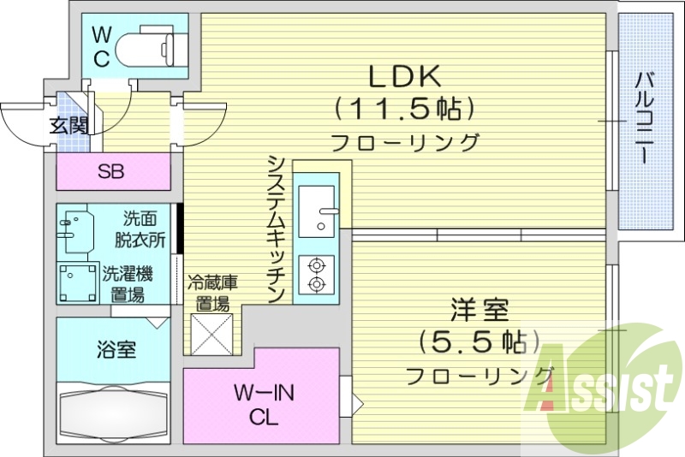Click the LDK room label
tap(404, 77)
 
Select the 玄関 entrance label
tap(68, 126)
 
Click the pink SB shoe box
tap(112, 171)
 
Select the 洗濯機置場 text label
tap(128, 284)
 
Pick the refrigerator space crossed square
tap(211, 334)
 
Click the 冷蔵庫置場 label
tap(212, 291)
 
